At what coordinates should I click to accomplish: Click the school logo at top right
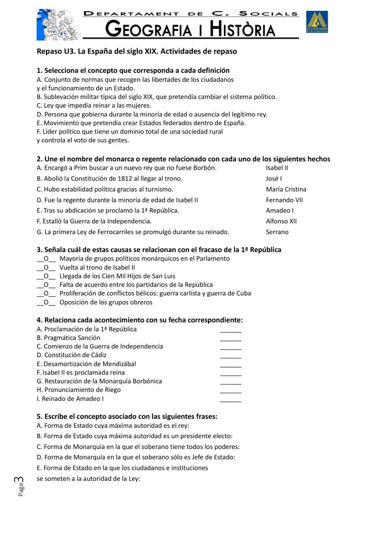click(x=317, y=22)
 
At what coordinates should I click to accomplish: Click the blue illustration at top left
click(x=59, y=25)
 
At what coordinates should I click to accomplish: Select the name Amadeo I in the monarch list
click(x=279, y=211)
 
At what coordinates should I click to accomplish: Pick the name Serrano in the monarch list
click(x=277, y=232)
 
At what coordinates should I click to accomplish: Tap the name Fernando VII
click(x=284, y=200)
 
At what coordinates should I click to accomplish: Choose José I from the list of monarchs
click(x=274, y=179)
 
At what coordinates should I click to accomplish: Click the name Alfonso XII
click(x=281, y=221)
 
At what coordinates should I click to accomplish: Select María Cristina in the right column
click(x=286, y=189)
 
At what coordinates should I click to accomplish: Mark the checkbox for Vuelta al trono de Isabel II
click(x=46, y=268)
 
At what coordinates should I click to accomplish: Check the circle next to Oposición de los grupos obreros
click(x=46, y=302)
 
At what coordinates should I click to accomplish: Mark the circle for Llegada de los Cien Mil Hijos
click(x=46, y=276)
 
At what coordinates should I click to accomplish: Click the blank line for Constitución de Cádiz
click(x=230, y=356)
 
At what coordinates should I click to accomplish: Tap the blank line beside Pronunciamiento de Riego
click(x=230, y=391)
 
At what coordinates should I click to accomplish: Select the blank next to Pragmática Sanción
click(x=230, y=339)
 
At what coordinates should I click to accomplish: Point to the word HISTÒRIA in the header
click(x=242, y=29)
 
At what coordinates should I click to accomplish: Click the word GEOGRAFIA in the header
click(x=148, y=30)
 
